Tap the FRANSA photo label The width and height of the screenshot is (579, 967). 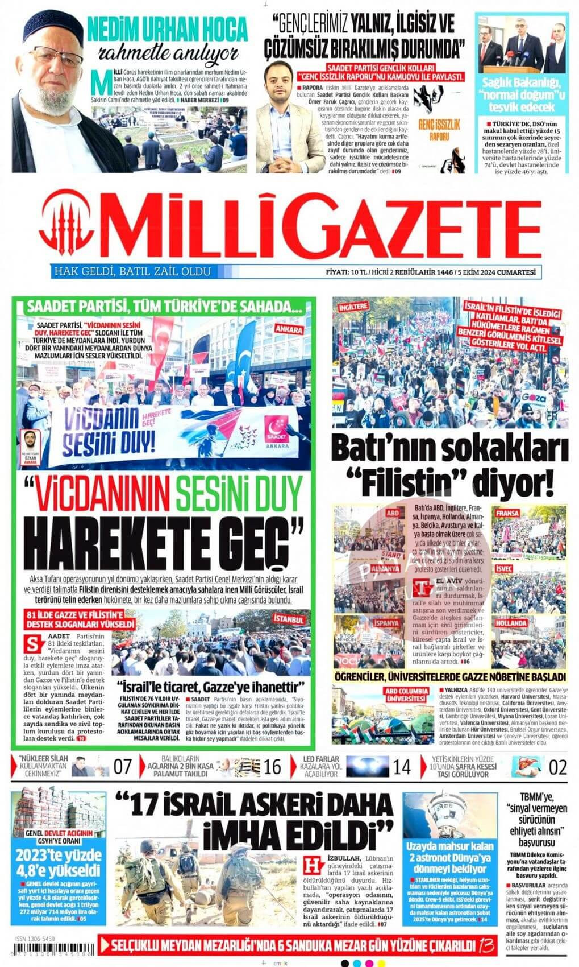pos(507,513)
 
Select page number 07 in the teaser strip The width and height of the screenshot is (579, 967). pos(123,767)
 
